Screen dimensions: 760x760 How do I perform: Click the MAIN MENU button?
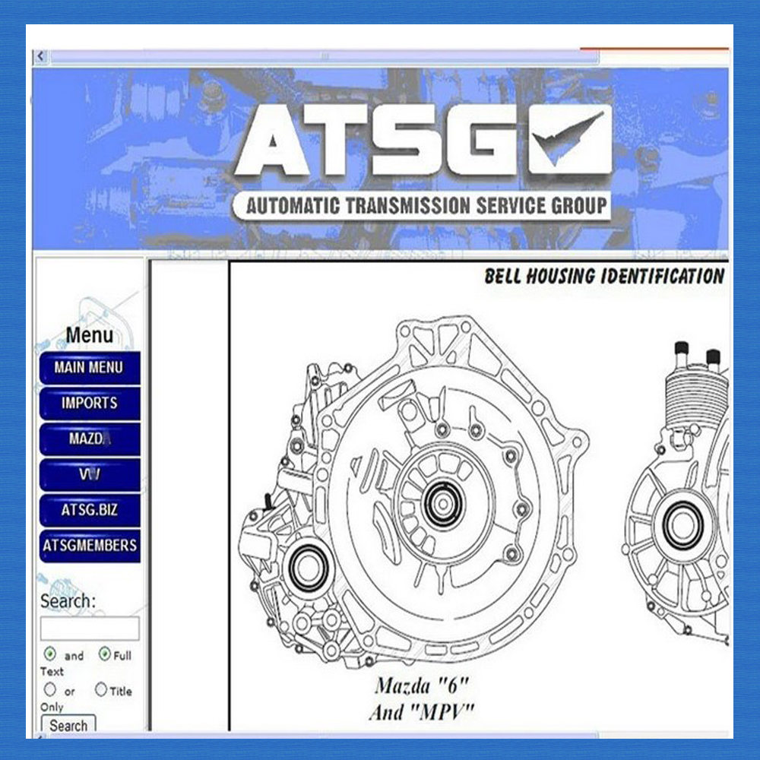coord(90,368)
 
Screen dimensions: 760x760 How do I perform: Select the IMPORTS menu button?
coord(90,404)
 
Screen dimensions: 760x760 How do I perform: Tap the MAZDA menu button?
coord(90,439)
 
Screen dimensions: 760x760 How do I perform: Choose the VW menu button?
coord(90,474)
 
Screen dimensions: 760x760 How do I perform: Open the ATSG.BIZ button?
coord(90,510)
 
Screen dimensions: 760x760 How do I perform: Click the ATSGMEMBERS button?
coord(90,546)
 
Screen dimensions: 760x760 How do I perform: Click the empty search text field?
coord(90,629)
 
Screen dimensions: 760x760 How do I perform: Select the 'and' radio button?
coord(50,654)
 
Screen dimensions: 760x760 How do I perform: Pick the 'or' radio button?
coord(50,689)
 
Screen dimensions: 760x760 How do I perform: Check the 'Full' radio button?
coord(105,654)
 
